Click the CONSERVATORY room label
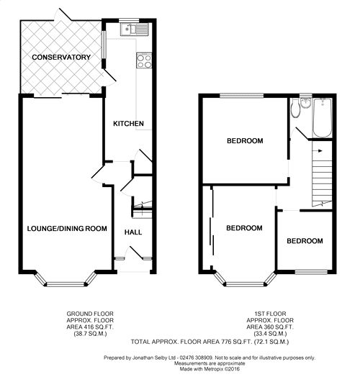point(61,58)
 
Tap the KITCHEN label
point(129,124)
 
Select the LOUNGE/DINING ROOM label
point(67,229)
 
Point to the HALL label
point(133,232)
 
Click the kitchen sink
point(135,29)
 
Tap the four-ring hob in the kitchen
point(144,60)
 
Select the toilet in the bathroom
point(296,108)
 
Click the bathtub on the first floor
point(323,118)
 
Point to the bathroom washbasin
point(305,103)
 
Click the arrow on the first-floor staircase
point(318,151)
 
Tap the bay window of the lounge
point(65,280)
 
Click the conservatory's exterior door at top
point(64,15)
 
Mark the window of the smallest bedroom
point(311,272)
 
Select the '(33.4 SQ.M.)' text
point(270,334)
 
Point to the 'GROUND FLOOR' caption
point(90,314)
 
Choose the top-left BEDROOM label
point(245,141)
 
